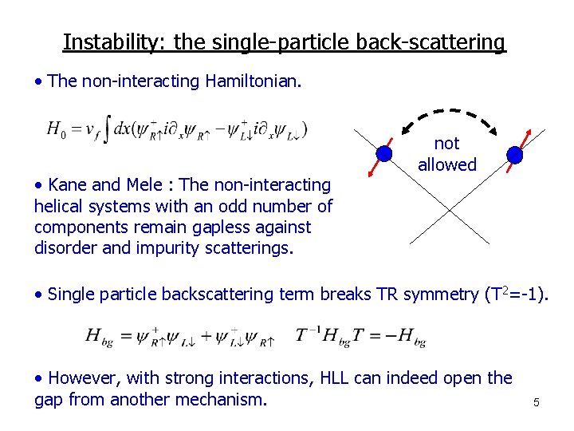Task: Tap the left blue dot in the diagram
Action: (x=384, y=152)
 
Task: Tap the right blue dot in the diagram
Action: (x=515, y=153)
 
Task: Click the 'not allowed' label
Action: (x=446, y=154)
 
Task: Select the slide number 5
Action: (x=537, y=402)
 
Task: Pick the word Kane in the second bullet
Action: (x=68, y=185)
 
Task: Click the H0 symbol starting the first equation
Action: (x=55, y=129)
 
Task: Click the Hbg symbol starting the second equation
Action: (x=100, y=336)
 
